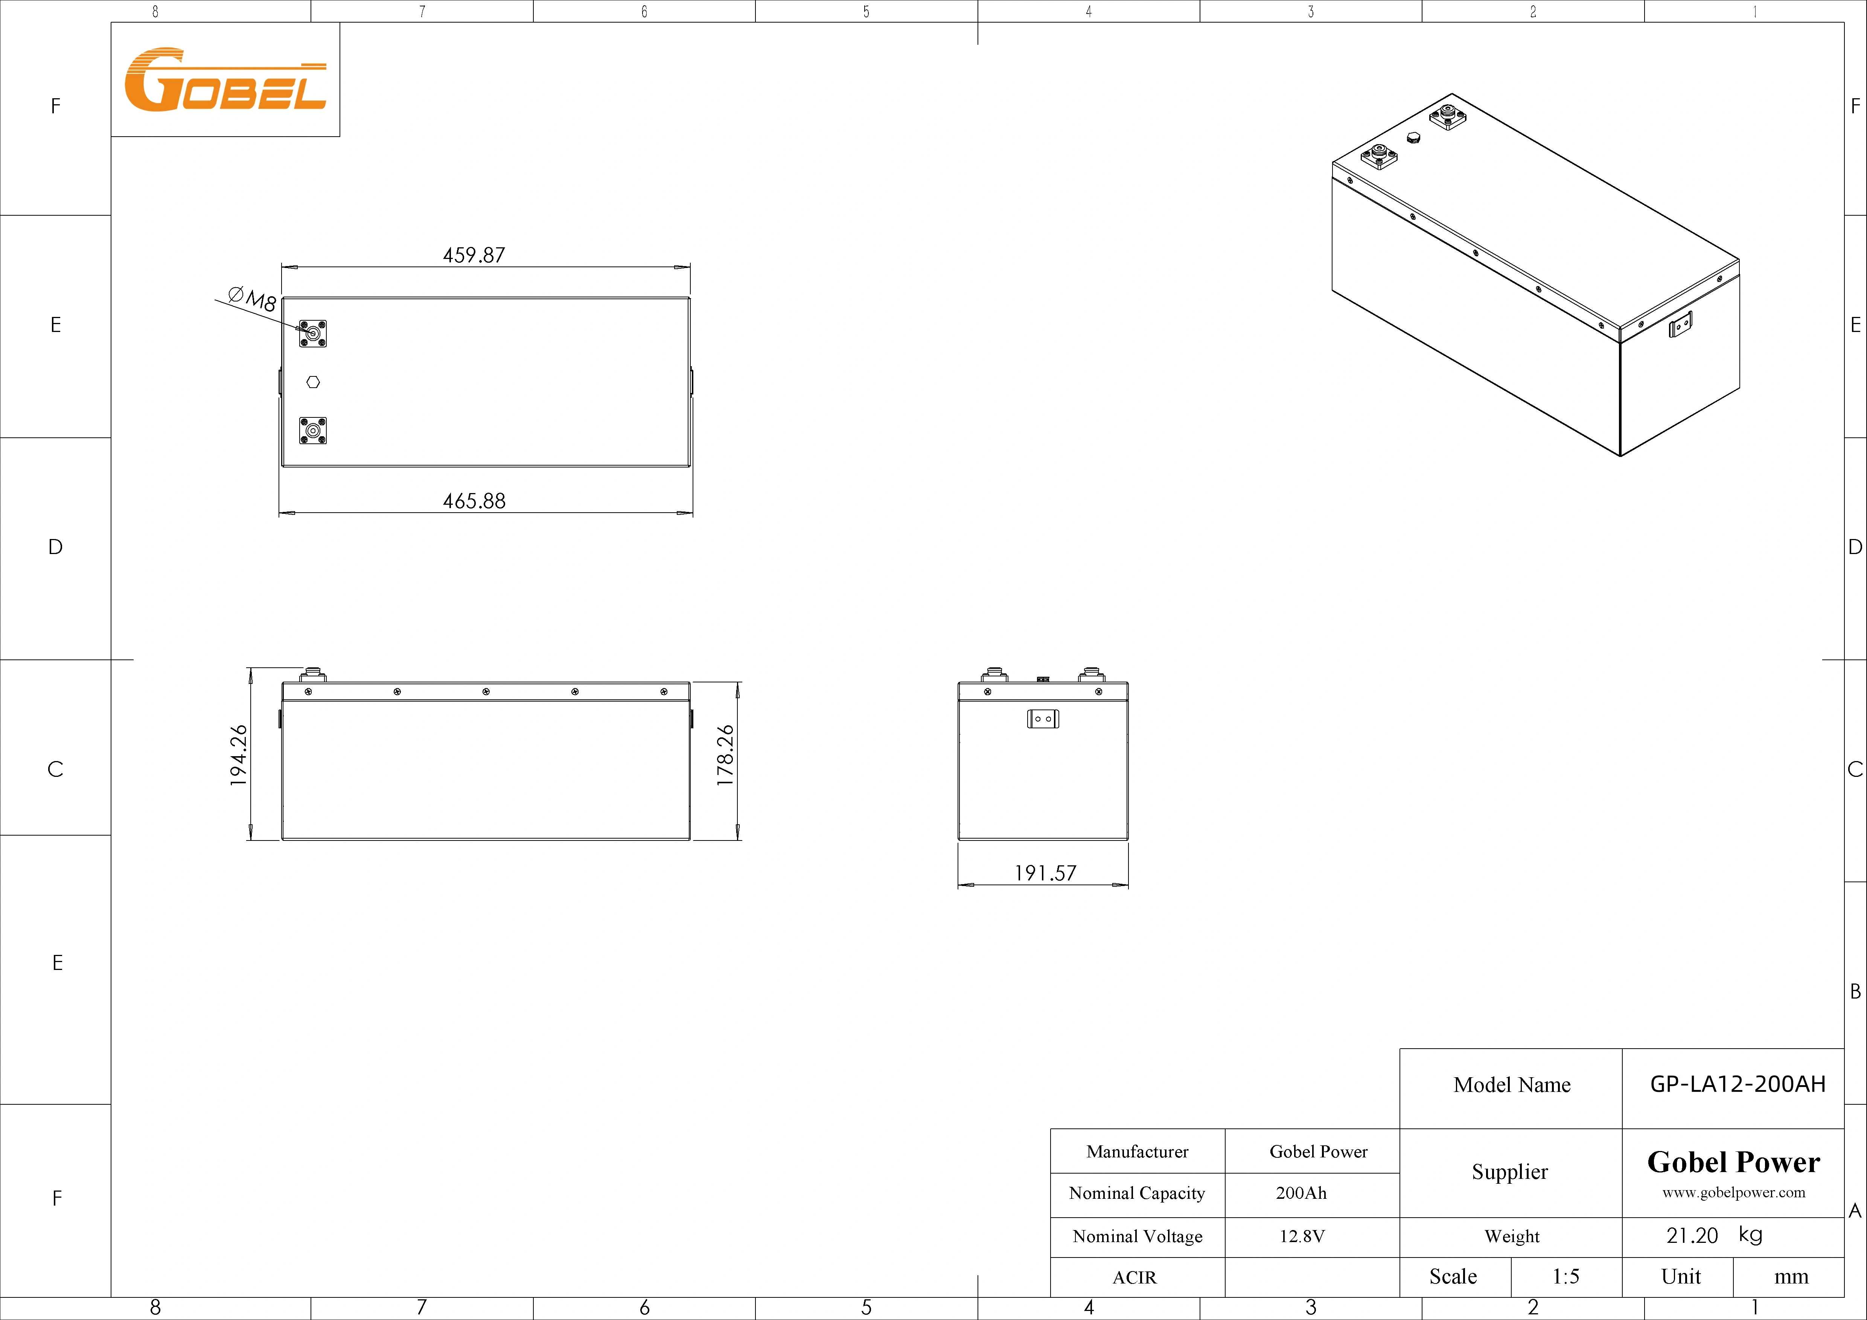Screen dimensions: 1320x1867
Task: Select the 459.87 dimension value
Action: coord(474,255)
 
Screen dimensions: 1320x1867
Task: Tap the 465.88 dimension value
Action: coord(474,501)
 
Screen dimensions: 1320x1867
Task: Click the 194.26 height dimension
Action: coord(238,755)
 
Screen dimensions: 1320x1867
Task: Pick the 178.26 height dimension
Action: coord(725,755)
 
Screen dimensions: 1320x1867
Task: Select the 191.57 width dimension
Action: coord(1045,874)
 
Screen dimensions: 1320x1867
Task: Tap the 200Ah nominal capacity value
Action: coord(1301,1193)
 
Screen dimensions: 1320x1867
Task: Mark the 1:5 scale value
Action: coord(1565,1277)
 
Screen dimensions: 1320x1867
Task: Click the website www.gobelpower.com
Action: coord(1733,1192)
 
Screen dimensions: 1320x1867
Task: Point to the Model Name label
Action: coord(1512,1085)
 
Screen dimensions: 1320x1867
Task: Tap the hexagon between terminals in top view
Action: coord(313,382)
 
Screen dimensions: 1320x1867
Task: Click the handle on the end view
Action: coord(1043,719)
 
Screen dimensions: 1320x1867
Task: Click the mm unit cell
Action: coord(1791,1277)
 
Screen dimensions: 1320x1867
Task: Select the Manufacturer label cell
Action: coord(1137,1152)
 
